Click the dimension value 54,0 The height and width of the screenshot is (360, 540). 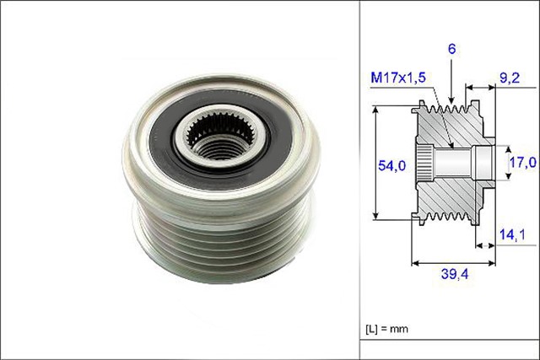click(x=390, y=166)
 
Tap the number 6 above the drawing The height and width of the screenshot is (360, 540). click(x=452, y=50)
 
